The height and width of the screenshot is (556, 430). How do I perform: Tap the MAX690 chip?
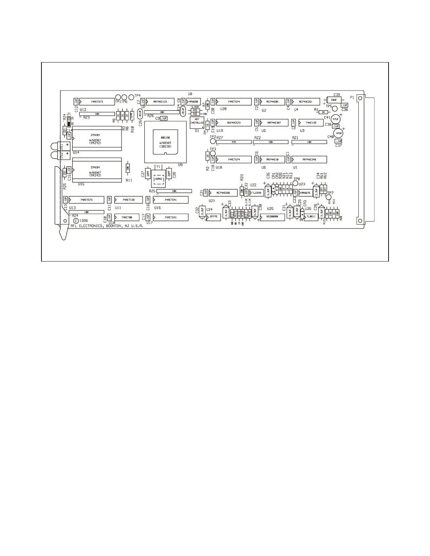[194, 101]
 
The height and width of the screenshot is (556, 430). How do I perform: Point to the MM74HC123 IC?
[160, 101]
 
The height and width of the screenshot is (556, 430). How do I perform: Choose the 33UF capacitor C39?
[334, 100]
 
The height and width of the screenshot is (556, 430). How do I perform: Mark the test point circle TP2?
[213, 141]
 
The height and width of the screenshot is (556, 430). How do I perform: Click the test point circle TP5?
[335, 108]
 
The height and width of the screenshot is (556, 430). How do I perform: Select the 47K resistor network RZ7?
[234, 142]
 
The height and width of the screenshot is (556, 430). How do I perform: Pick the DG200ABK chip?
[272, 217]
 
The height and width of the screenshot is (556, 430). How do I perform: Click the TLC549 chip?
[257, 193]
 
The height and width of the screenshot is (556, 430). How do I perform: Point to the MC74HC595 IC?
[223, 193]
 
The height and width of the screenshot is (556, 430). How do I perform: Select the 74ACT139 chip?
[129, 200]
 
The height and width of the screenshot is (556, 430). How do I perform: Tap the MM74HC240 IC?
[309, 159]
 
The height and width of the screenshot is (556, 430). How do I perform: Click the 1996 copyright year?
[84, 220]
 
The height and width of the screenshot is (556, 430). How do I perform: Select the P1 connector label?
[352, 97]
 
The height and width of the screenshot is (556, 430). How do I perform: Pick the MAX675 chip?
[306, 193]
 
